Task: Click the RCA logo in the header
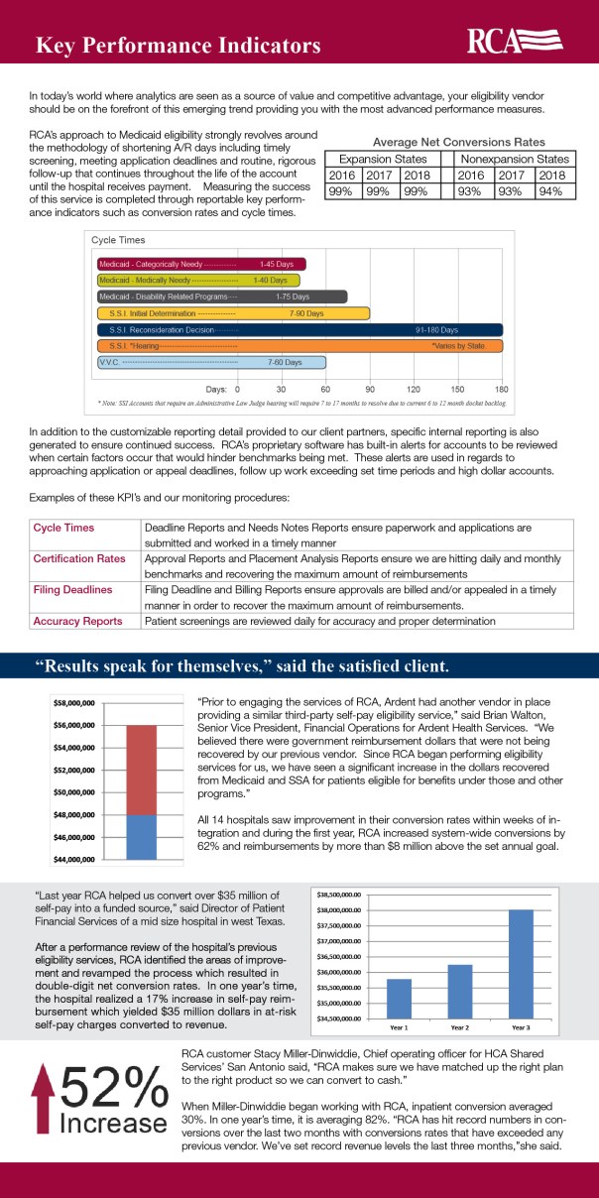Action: pyautogui.click(x=515, y=41)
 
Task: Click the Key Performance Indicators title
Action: pyautogui.click(x=178, y=46)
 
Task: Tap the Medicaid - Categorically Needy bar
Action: pyautogui.click(x=201, y=264)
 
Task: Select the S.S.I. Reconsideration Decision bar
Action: pyautogui.click(x=300, y=329)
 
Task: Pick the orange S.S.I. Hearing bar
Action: pyautogui.click(x=300, y=345)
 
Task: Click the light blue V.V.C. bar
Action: pyautogui.click(x=210, y=362)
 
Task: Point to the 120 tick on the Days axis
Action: pyautogui.click(x=414, y=389)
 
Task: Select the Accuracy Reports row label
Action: pyautogui.click(x=77, y=621)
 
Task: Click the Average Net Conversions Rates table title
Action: pyautogui.click(x=450, y=142)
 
